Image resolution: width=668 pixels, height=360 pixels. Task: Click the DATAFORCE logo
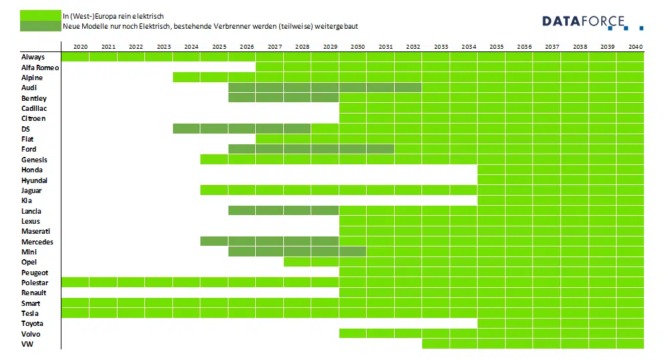[x=592, y=22]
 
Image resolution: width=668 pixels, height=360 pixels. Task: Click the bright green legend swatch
[x=40, y=15]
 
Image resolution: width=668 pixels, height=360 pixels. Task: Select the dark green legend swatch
[x=40, y=26]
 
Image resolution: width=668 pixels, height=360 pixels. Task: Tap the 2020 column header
[x=80, y=47]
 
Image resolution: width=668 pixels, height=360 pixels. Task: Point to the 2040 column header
[x=635, y=47]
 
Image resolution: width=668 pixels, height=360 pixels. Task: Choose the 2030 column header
[x=357, y=47]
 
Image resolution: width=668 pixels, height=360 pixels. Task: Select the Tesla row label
[x=30, y=313]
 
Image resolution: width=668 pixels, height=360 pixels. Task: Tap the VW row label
[x=27, y=344]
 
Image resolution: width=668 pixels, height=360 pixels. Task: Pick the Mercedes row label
[x=37, y=242]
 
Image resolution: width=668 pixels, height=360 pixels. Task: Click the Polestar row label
[x=35, y=283]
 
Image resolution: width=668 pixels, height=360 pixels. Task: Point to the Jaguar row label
[x=32, y=190]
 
